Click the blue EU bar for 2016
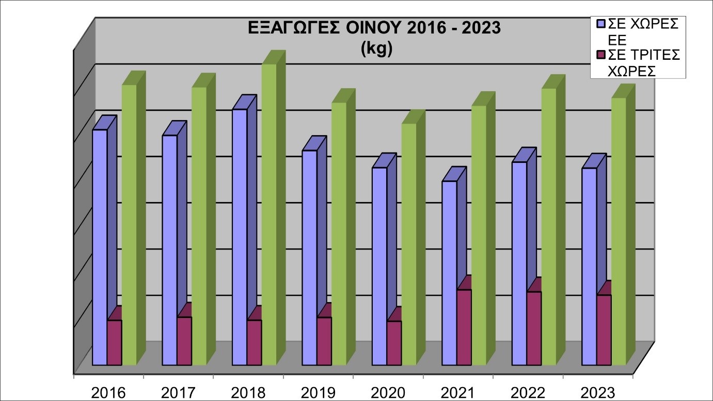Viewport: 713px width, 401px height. tap(100, 247)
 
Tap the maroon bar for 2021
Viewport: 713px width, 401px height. tap(449, 327)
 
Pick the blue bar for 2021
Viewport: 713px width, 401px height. tap(449, 273)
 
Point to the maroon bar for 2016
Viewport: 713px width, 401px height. tap(114, 342)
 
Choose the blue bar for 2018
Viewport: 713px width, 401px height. tap(240, 237)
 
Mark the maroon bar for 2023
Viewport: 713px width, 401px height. tap(604, 330)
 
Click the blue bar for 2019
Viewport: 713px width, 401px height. tap(309, 258)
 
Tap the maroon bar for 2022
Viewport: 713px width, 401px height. tap(534, 328)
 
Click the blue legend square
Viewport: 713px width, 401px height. tap(600, 24)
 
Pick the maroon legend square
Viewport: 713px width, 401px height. tap(600, 55)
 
